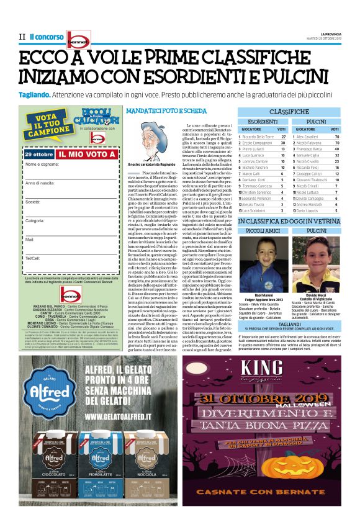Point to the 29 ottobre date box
[x=39, y=153]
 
